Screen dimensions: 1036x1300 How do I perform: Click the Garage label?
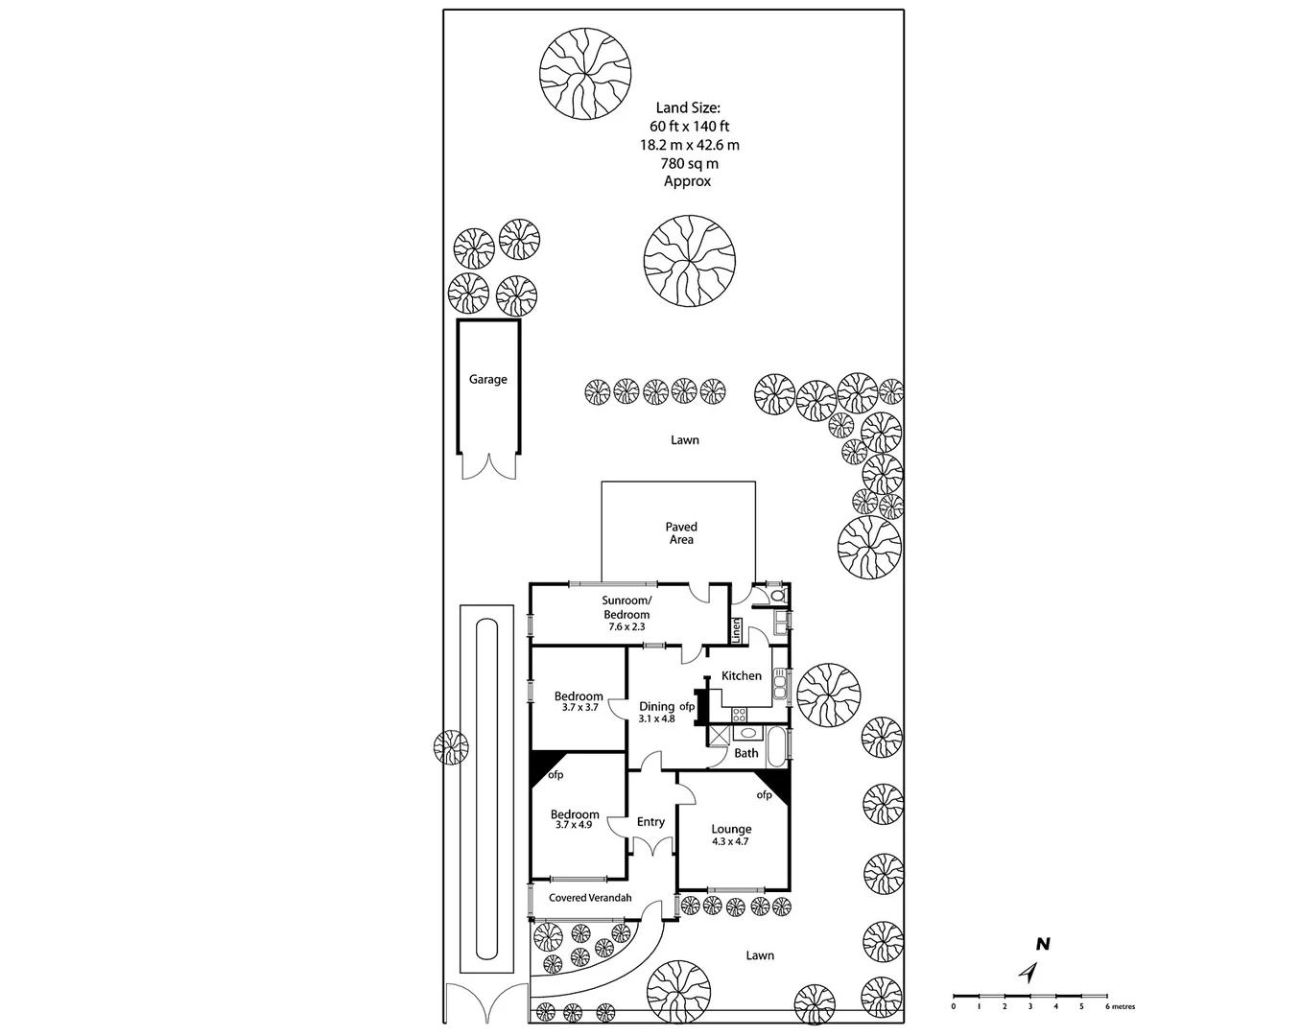click(x=487, y=380)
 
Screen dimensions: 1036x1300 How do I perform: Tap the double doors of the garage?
click(x=487, y=465)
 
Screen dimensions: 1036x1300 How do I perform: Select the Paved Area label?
click(x=681, y=533)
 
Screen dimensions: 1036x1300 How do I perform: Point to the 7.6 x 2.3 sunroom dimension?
click(x=626, y=626)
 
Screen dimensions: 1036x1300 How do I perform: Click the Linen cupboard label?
click(x=737, y=630)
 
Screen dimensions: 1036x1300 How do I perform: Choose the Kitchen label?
click(x=742, y=676)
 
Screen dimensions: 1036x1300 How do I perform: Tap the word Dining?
click(x=657, y=707)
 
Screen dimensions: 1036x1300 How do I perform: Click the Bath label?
click(x=746, y=754)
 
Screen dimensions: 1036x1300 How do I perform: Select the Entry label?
click(x=650, y=822)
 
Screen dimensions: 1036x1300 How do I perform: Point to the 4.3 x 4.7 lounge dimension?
click(x=730, y=842)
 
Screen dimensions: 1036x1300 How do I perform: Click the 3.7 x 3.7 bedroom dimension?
click(x=579, y=708)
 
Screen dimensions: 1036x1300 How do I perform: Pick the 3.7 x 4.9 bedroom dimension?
click(x=574, y=825)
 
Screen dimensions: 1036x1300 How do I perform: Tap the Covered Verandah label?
click(x=590, y=899)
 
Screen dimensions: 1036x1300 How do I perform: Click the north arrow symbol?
click(x=1029, y=973)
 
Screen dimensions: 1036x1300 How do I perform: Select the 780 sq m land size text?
click(x=689, y=164)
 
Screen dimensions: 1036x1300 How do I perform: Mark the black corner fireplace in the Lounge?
click(x=779, y=786)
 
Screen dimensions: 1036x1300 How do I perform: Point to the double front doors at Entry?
click(x=651, y=847)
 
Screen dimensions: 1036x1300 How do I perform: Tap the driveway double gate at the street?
click(x=485, y=1003)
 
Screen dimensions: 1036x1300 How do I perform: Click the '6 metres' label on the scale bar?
click(x=1121, y=1007)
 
